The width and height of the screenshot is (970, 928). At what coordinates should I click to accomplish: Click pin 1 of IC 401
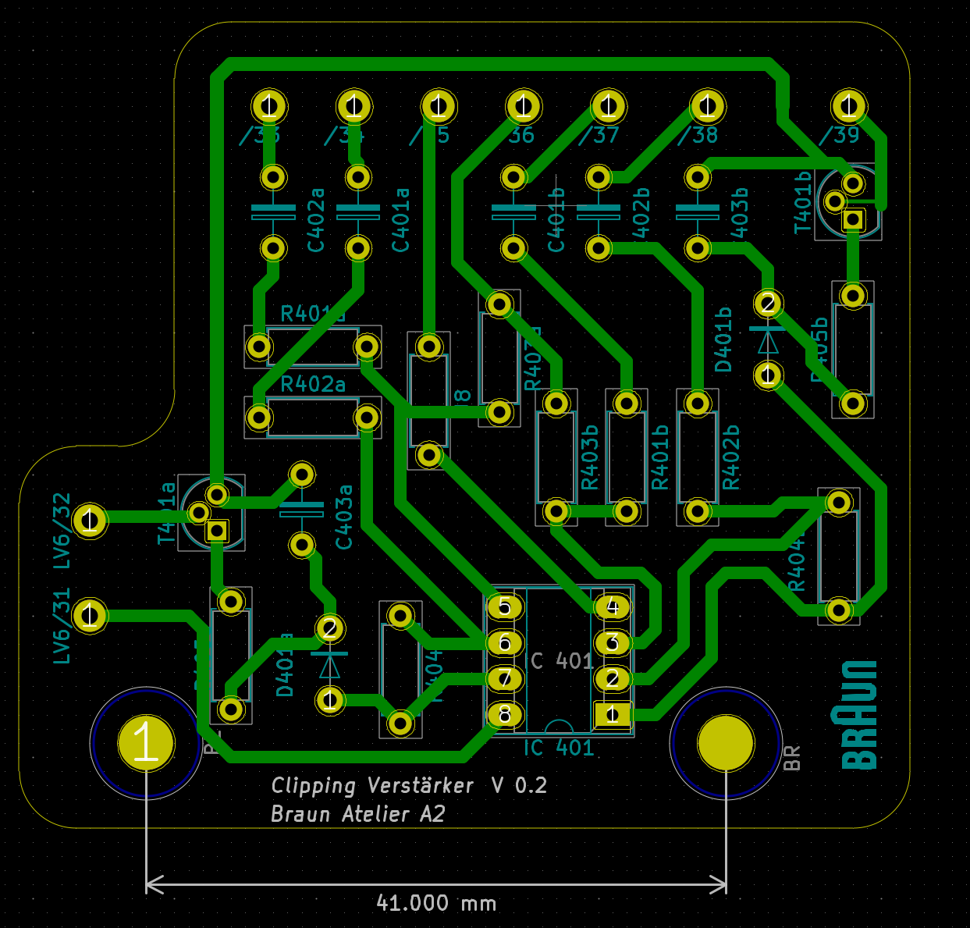(613, 714)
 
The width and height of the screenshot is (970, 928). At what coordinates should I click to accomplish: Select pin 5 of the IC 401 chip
(505, 606)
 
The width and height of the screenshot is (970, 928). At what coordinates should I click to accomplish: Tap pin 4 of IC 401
(613, 606)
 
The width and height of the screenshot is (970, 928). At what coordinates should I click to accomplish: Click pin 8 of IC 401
(505, 714)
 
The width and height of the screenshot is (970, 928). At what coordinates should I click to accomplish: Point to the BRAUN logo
(859, 714)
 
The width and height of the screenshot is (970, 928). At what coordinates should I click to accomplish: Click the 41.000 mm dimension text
(436, 903)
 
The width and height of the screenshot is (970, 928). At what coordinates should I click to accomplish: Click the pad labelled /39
(849, 105)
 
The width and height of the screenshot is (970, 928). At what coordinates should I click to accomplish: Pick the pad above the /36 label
(524, 105)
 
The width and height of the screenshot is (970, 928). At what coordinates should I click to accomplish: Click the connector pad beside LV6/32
(90, 520)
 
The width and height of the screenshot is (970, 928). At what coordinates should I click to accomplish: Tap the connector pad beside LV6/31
(90, 616)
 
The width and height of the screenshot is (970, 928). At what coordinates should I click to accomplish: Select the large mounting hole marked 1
(146, 742)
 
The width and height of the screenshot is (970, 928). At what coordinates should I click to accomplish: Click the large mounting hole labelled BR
(726, 742)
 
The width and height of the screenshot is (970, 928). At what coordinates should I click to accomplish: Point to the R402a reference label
(312, 384)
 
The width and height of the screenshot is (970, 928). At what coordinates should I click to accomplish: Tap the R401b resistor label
(660, 457)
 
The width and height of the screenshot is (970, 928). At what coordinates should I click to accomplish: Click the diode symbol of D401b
(768, 340)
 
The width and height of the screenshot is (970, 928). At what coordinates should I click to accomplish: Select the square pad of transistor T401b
(854, 219)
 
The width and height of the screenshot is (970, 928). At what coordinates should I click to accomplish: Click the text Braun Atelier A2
(357, 814)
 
